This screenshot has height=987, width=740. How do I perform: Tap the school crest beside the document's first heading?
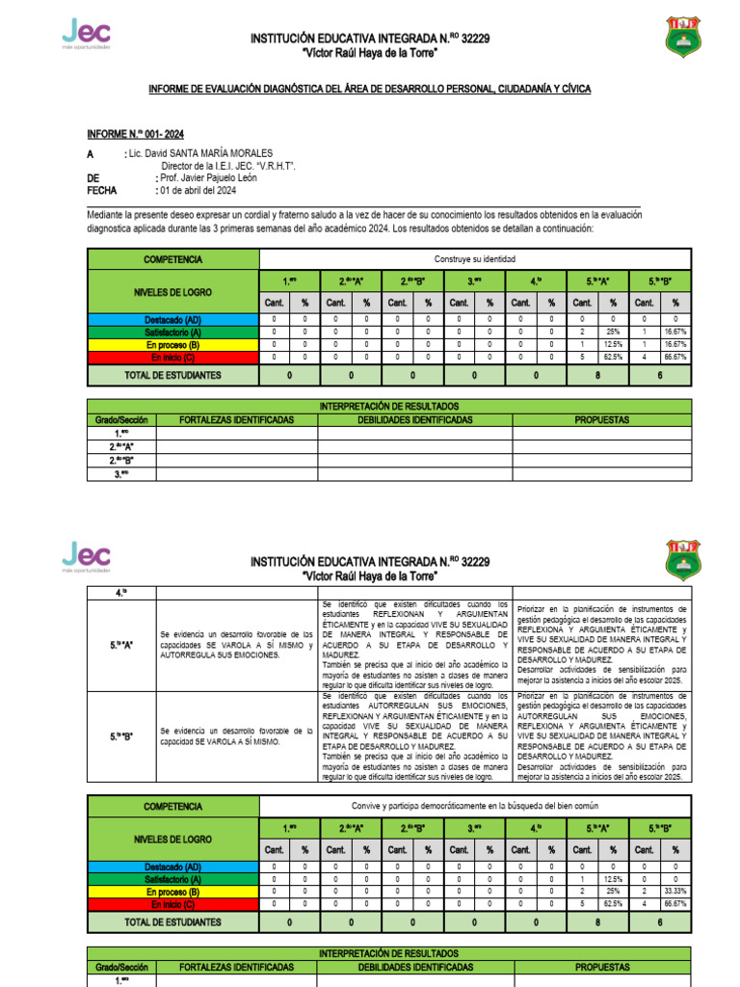(684, 38)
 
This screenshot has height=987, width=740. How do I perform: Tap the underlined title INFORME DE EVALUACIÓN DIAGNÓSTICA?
(369, 89)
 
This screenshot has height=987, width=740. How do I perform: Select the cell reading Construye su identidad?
(475, 259)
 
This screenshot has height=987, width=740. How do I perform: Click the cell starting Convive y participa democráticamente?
(475, 806)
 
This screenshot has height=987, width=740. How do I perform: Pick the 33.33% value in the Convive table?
(675, 892)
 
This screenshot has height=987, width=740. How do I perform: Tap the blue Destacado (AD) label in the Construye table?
(173, 318)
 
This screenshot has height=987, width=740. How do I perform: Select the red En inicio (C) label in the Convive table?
(173, 904)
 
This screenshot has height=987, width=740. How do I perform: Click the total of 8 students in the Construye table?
(598, 375)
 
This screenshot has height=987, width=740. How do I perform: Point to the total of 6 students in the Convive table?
(660, 921)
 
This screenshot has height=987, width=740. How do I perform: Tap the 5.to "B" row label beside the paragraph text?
(121, 736)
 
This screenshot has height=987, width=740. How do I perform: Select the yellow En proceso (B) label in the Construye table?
(173, 343)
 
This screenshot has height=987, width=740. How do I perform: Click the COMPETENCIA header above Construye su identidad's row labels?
(173, 259)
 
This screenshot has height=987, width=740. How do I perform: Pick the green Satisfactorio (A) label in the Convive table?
(173, 879)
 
